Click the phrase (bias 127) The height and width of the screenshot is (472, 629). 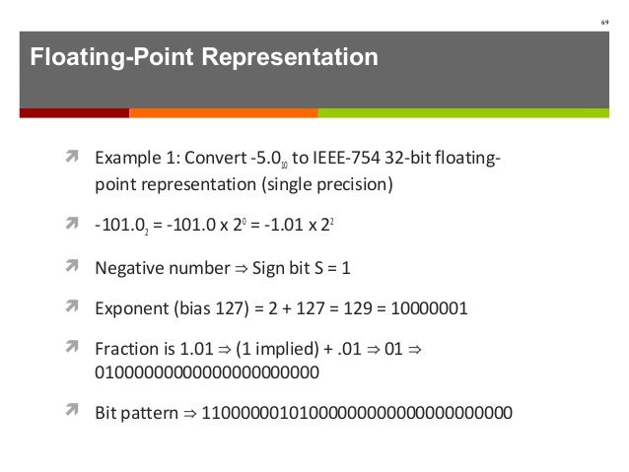pyautogui.click(x=209, y=308)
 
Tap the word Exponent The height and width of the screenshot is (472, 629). pyautogui.click(x=128, y=308)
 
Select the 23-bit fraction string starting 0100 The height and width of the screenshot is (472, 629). pyautogui.click(x=206, y=373)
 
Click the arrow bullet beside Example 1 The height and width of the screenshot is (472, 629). pyautogui.click(x=74, y=158)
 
